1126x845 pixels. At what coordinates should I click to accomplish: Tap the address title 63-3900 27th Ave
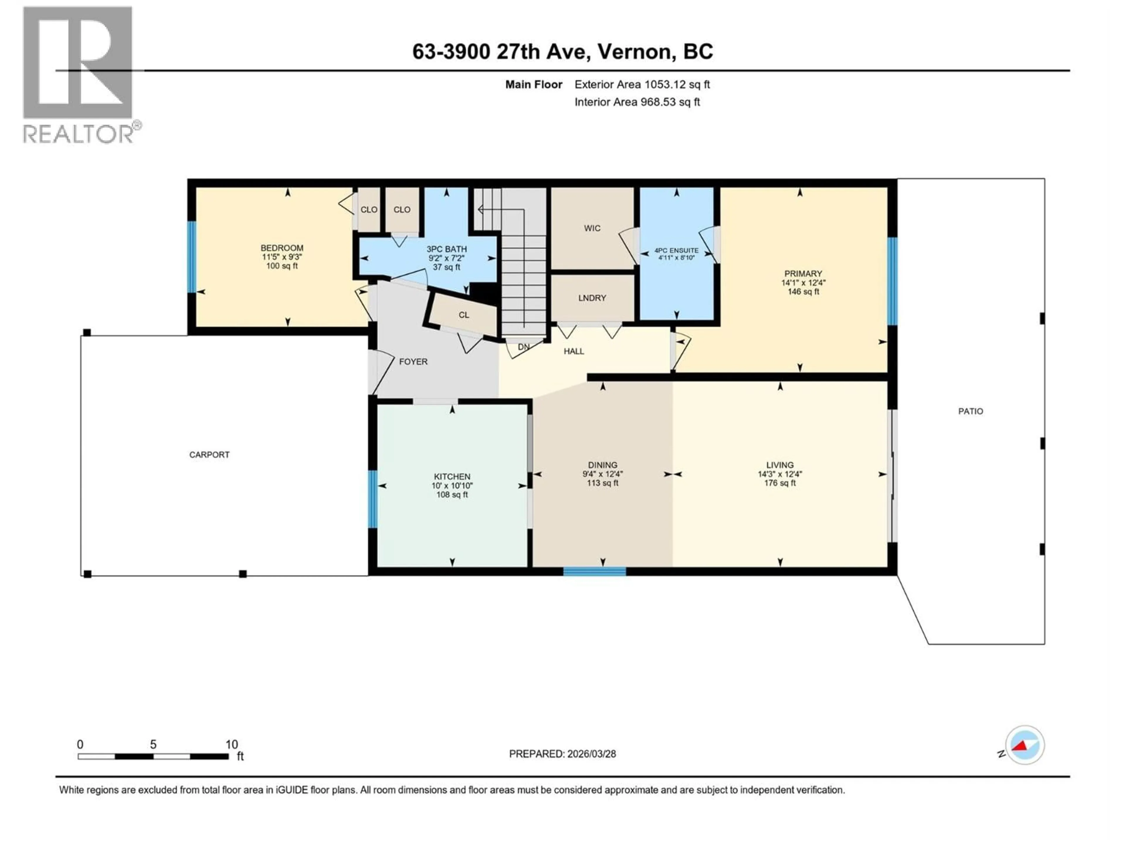tap(562, 51)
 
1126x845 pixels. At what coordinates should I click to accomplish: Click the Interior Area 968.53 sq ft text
tap(637, 102)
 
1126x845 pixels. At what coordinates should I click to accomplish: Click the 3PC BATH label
tap(446, 249)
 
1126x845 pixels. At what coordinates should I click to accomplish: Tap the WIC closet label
tap(592, 228)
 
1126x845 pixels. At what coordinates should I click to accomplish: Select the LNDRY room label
tap(592, 298)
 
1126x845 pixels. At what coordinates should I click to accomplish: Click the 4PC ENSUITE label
tap(676, 251)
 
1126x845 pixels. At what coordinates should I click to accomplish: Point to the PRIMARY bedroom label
tap(803, 273)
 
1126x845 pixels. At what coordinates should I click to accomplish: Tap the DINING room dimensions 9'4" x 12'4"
tap(603, 474)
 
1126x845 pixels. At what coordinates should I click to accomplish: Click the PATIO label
tap(970, 411)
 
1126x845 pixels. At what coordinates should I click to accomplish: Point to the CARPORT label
tap(209, 454)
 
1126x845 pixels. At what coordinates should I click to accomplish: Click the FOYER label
tap(413, 362)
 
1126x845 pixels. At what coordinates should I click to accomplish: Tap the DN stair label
tap(523, 347)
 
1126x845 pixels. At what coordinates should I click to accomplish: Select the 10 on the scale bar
tap(232, 744)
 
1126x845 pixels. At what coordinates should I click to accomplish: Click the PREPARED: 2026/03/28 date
tap(562, 754)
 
